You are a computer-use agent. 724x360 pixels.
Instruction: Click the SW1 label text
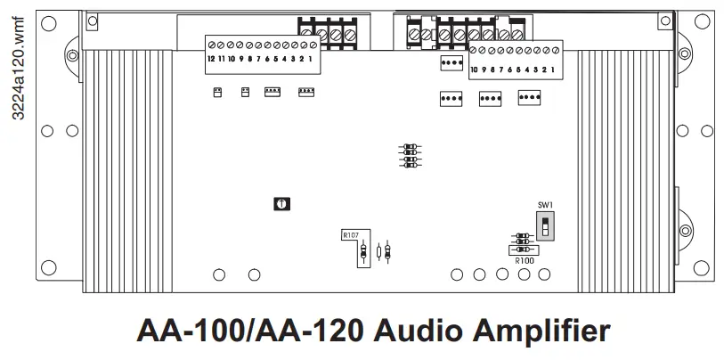tap(545, 205)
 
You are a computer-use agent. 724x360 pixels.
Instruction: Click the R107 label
tap(351, 235)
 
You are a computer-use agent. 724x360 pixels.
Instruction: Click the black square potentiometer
tap(281, 204)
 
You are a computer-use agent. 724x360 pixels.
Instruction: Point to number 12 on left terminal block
tap(210, 59)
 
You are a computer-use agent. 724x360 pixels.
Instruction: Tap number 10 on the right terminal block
tap(474, 69)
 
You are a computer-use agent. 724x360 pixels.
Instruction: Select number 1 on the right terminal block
tap(554, 69)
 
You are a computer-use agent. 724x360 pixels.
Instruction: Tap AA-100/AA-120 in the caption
tap(250, 331)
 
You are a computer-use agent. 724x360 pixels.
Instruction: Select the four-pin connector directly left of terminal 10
tap(451, 63)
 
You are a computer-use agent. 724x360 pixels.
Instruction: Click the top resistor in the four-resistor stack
tap(410, 146)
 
